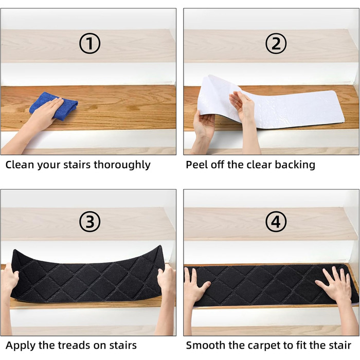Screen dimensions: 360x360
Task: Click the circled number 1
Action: [89, 43]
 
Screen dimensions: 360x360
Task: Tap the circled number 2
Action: [276, 43]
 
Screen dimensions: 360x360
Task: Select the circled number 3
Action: [89, 222]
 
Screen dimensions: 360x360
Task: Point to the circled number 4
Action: [276, 222]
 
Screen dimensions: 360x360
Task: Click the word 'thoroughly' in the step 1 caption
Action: [122, 165]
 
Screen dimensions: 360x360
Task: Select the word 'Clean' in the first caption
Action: [20, 165]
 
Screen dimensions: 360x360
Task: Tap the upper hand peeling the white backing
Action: [242, 105]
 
